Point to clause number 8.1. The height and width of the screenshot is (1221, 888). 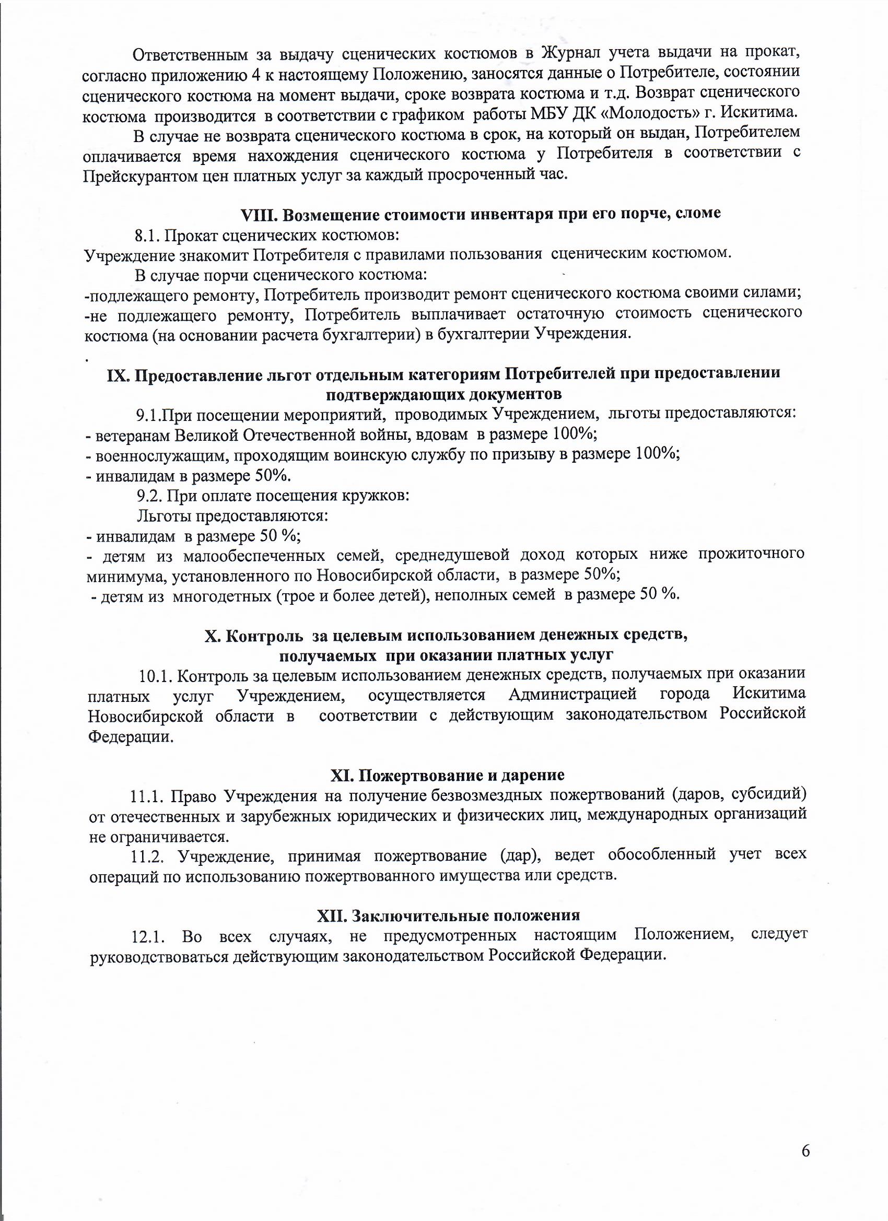click(x=146, y=236)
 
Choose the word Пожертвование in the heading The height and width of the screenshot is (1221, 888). click(x=415, y=775)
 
